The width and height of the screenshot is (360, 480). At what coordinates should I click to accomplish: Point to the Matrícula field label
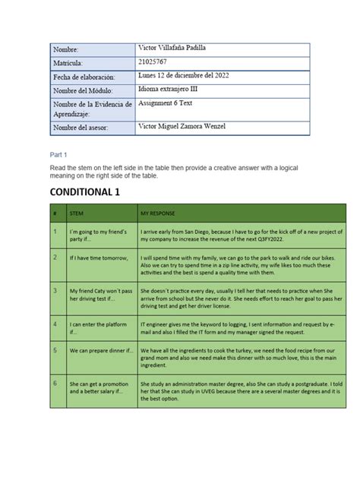[x=71, y=63]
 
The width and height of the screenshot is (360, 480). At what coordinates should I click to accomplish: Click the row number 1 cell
[x=55, y=230]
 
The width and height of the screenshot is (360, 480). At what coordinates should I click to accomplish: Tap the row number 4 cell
[x=55, y=324]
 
